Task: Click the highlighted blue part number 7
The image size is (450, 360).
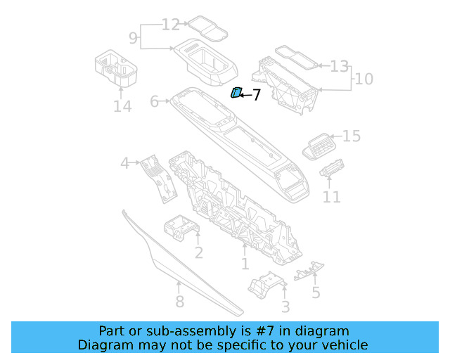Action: click(x=237, y=92)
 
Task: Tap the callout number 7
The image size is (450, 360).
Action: click(x=256, y=95)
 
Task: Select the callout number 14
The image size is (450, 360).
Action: click(x=122, y=106)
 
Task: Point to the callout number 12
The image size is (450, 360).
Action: click(x=171, y=25)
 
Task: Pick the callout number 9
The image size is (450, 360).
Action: click(x=133, y=36)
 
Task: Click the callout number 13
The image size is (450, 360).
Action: click(x=339, y=66)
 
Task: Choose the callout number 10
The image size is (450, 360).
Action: click(x=364, y=79)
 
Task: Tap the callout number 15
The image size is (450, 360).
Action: click(x=351, y=136)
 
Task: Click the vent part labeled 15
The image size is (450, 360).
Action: click(x=318, y=146)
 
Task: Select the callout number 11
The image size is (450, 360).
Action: click(x=332, y=198)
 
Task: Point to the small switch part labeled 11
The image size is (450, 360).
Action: click(x=330, y=170)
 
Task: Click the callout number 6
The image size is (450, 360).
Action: click(x=155, y=102)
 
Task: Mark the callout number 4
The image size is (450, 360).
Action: click(x=125, y=163)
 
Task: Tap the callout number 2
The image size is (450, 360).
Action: click(x=199, y=252)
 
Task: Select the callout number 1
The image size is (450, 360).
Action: click(x=245, y=264)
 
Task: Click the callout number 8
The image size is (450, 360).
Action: click(x=179, y=302)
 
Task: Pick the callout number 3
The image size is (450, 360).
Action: click(x=285, y=307)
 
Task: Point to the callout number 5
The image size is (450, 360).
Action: click(x=316, y=292)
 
